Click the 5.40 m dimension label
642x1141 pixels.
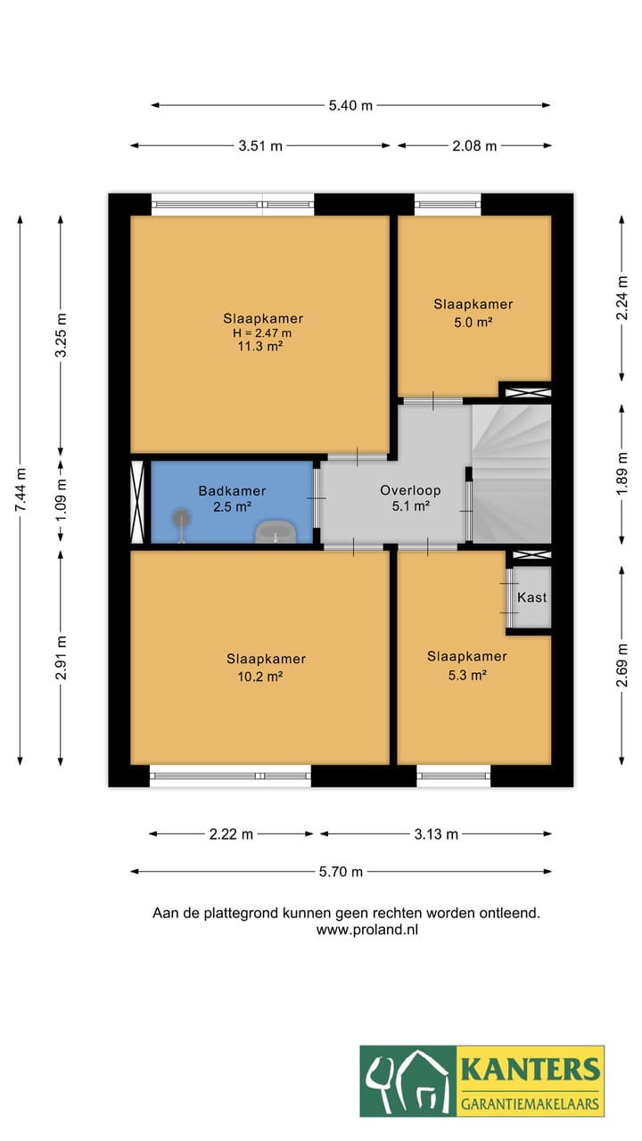click(350, 105)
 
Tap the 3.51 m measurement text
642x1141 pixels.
click(260, 145)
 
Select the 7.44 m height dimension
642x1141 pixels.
click(20, 489)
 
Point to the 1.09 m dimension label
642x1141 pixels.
click(61, 499)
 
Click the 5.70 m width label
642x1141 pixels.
click(341, 872)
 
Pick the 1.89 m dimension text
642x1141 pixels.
click(621, 473)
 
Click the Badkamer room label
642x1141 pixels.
click(233, 491)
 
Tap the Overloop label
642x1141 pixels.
click(410, 490)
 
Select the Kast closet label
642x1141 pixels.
click(532, 597)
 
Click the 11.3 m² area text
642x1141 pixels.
click(260, 347)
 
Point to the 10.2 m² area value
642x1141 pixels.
click(260, 677)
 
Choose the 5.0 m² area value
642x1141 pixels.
click(473, 322)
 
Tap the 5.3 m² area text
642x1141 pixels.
click(467, 675)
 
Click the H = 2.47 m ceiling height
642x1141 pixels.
click(262, 333)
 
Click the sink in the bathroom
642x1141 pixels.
click(276, 532)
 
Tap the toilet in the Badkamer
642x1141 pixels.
click(181, 525)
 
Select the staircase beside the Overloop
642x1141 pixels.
click(511, 473)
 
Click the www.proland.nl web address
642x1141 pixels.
click(366, 930)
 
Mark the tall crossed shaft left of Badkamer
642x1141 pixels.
click(137, 502)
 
